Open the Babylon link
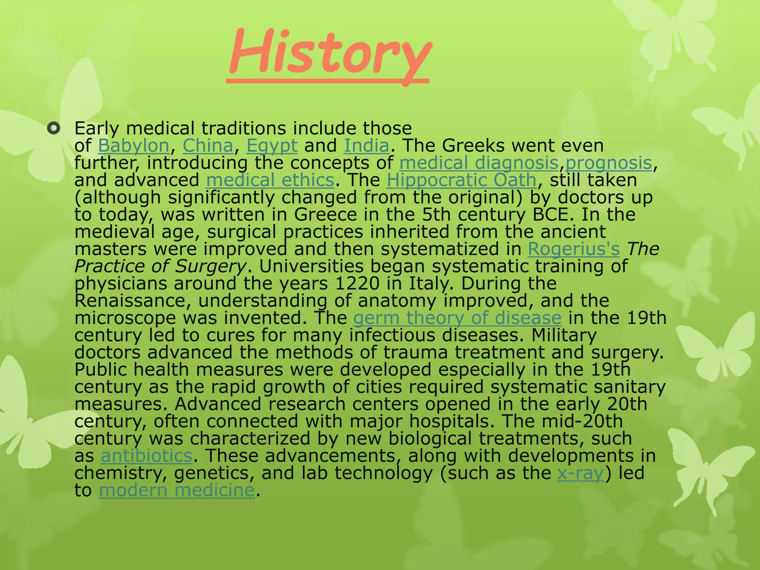134,145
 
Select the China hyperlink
208,145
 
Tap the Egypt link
272,145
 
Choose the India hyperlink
367,145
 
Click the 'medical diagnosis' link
479,163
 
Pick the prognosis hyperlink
609,163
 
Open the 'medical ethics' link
270,180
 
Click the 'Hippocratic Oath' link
461,180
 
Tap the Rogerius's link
574,249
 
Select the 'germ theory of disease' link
457,318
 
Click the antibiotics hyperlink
147,456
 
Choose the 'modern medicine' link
177,490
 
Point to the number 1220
357,284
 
